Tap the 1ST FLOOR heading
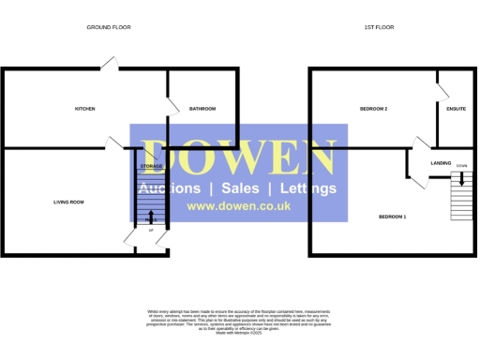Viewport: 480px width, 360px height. pyautogui.click(x=379, y=28)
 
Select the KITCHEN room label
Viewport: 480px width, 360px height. pyautogui.click(x=85, y=109)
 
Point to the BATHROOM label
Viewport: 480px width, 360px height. pyautogui.click(x=202, y=109)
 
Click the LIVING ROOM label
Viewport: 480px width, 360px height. pyautogui.click(x=68, y=202)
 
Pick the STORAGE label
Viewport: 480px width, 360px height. pyautogui.click(x=151, y=166)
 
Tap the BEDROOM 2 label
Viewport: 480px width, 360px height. pyautogui.click(x=373, y=109)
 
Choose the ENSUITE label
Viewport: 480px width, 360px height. pyautogui.click(x=457, y=109)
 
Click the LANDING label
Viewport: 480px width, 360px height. pyautogui.click(x=442, y=162)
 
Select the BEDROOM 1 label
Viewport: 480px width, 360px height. pyautogui.click(x=392, y=217)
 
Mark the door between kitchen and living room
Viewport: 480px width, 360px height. pyautogui.click(x=115, y=142)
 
